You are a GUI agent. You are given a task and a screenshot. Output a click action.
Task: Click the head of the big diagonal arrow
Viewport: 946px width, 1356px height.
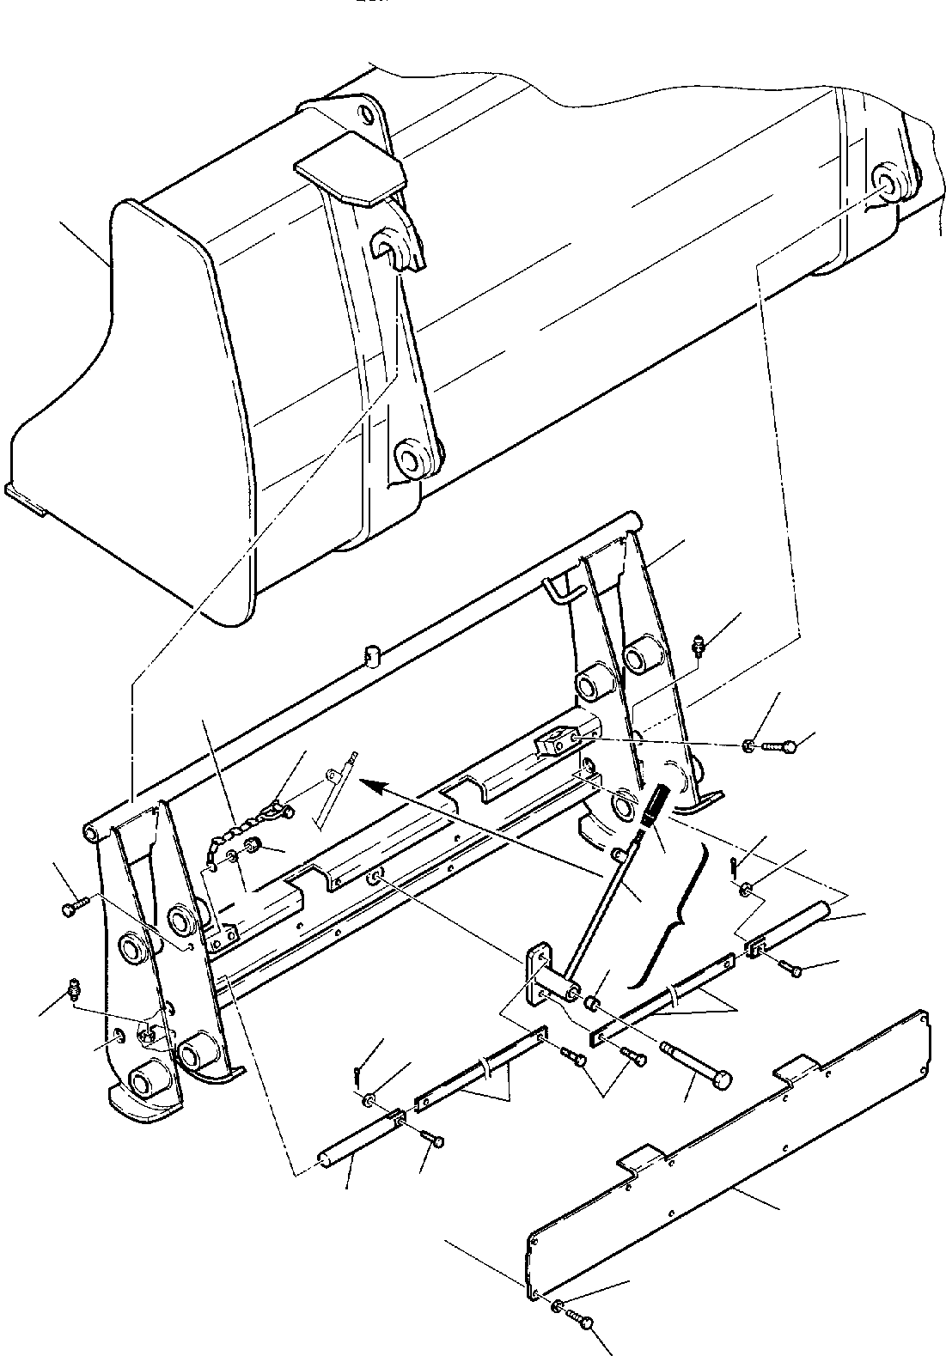point(368,781)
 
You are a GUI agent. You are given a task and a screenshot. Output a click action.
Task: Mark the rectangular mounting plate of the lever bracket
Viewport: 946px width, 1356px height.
point(538,974)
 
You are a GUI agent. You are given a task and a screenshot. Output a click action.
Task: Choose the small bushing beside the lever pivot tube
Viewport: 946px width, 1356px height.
point(592,1004)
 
